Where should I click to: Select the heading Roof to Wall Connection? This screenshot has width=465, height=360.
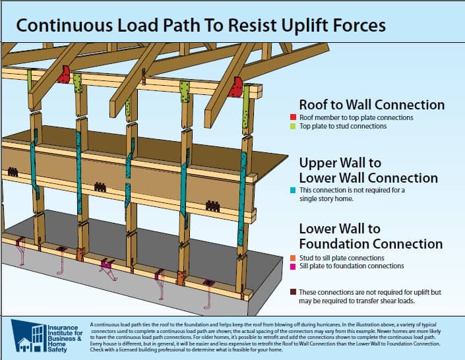[x=371, y=105]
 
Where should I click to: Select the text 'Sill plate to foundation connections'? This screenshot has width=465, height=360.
[x=356, y=266]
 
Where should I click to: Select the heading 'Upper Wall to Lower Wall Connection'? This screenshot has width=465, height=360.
[x=368, y=169]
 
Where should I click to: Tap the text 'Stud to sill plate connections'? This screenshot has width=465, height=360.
[x=348, y=258]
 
